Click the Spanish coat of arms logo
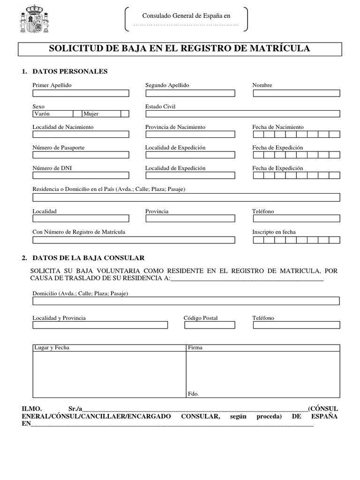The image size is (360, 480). click(34, 19)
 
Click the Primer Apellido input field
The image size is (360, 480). click(80, 93)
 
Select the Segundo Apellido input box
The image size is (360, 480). click(190, 93)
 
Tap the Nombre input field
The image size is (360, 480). click(296, 93)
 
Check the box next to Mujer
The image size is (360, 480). click(125, 113)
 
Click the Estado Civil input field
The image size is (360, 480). click(242, 113)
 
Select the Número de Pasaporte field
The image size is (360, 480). click(80, 155)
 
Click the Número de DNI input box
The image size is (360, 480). click(80, 176)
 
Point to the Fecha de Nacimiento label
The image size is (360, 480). click(277, 127)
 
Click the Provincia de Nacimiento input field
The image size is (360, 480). click(190, 135)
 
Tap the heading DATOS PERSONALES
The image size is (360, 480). click(70, 71)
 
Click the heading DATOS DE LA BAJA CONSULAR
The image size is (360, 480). click(88, 258)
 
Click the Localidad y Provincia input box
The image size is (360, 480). click(100, 325)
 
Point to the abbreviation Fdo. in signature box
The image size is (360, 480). click(193, 394)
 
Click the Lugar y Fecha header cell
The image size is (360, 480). click(109, 348)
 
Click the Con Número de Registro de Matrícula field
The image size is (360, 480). click(134, 240)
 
